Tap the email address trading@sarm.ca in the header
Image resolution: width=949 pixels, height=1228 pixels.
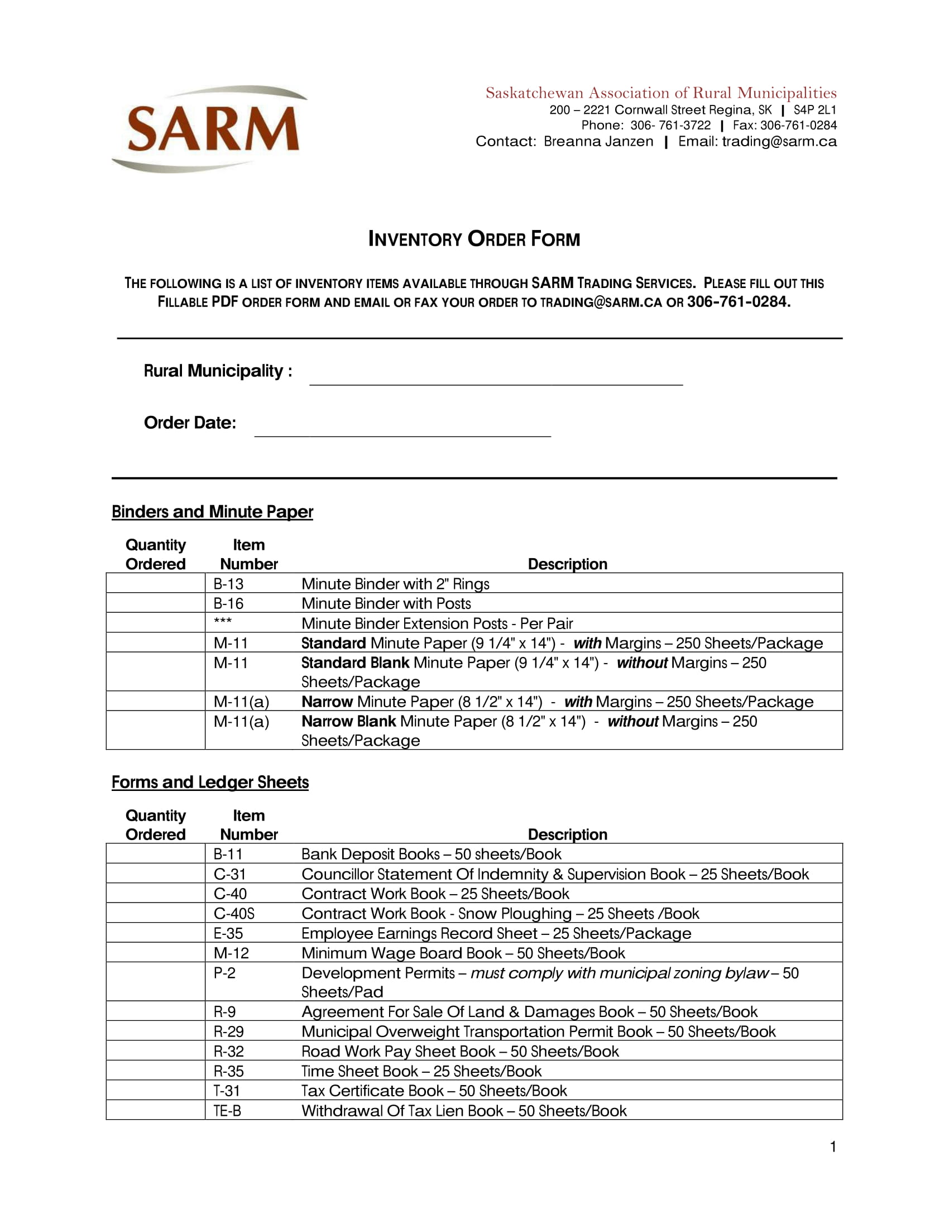click(x=779, y=141)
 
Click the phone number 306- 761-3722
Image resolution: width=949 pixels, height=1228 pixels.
click(x=670, y=125)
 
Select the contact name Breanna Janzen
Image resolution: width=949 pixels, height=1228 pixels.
click(x=598, y=141)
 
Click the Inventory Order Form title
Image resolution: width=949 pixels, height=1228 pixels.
click(x=474, y=239)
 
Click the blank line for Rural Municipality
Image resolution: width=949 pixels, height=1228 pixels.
click(x=496, y=377)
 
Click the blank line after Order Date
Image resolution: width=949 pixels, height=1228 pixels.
click(x=402, y=428)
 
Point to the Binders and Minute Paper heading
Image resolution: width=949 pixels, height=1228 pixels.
click(x=212, y=512)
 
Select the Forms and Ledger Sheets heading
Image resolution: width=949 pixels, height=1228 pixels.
click(x=210, y=782)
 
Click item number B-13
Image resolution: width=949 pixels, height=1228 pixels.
click(x=228, y=584)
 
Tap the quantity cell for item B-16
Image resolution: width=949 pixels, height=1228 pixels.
click(x=155, y=603)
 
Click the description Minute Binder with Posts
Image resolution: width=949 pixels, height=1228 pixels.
click(x=386, y=603)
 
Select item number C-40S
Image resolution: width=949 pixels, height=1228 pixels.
click(x=234, y=913)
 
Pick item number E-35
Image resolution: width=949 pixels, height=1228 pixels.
click(x=228, y=933)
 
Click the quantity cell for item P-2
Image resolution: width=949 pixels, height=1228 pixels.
click(x=155, y=982)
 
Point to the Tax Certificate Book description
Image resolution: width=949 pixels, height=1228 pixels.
click(x=433, y=1090)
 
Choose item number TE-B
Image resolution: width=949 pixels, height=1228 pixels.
click(x=227, y=1110)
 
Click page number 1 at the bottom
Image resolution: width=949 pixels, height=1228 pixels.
click(x=833, y=1147)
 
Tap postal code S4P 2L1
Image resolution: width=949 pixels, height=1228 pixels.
click(x=814, y=109)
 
